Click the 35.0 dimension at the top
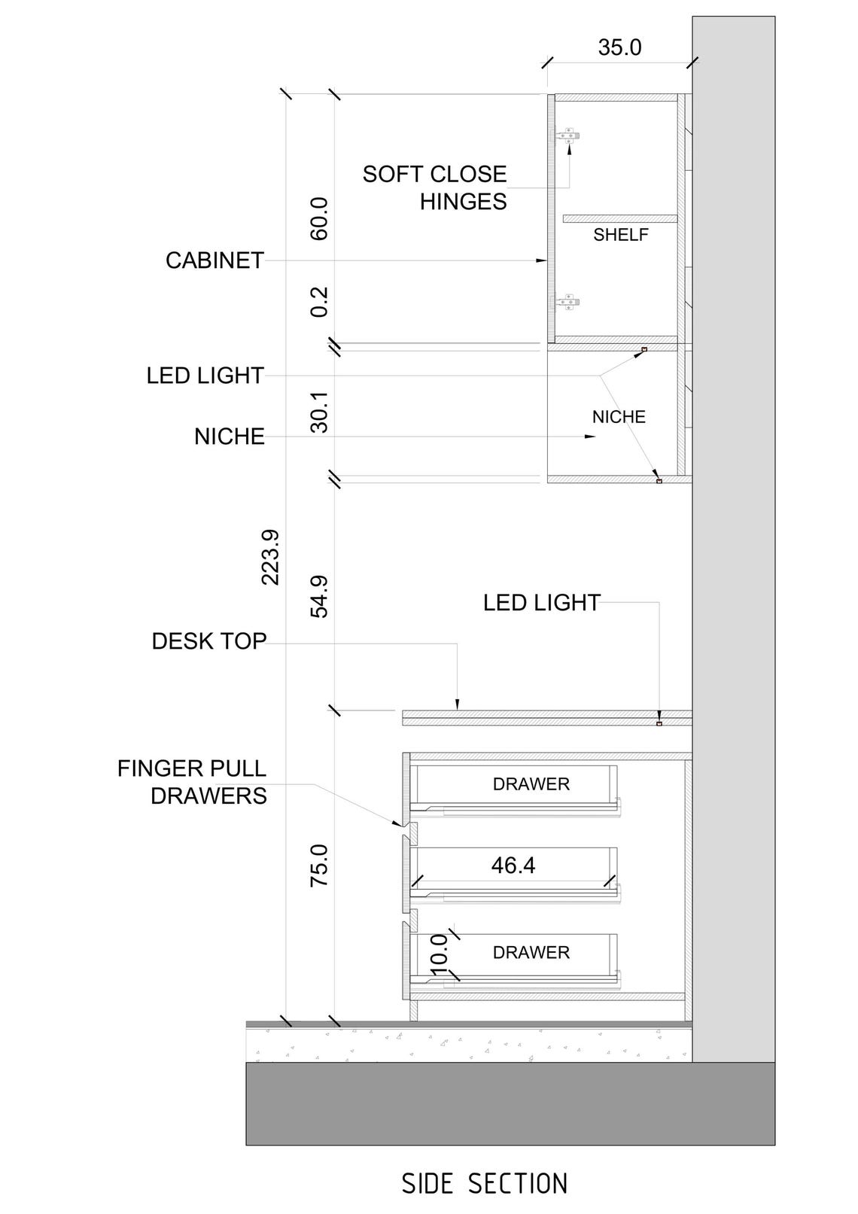[619, 47]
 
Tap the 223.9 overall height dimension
[270, 557]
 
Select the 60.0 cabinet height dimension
[319, 218]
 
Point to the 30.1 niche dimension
[319, 411]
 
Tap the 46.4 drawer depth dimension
[513, 866]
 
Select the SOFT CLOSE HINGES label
[434, 187]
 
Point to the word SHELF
[620, 235]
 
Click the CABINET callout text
[214, 260]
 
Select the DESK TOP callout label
[208, 641]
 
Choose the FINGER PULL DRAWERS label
[192, 782]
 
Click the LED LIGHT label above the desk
[541, 603]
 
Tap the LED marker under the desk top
[659, 724]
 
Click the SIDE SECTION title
[484, 1183]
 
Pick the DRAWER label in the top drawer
[531, 784]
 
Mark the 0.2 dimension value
[319, 301]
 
